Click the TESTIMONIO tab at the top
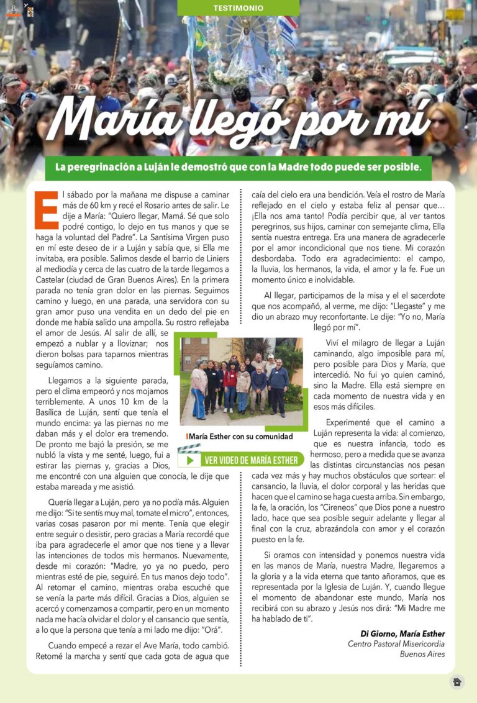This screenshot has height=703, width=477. (238, 8)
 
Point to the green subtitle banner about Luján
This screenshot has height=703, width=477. (238, 168)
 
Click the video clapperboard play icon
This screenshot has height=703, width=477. (189, 460)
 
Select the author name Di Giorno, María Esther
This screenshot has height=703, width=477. (402, 633)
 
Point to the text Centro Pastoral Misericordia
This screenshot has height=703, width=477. (396, 644)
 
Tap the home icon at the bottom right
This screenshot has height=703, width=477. (457, 682)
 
